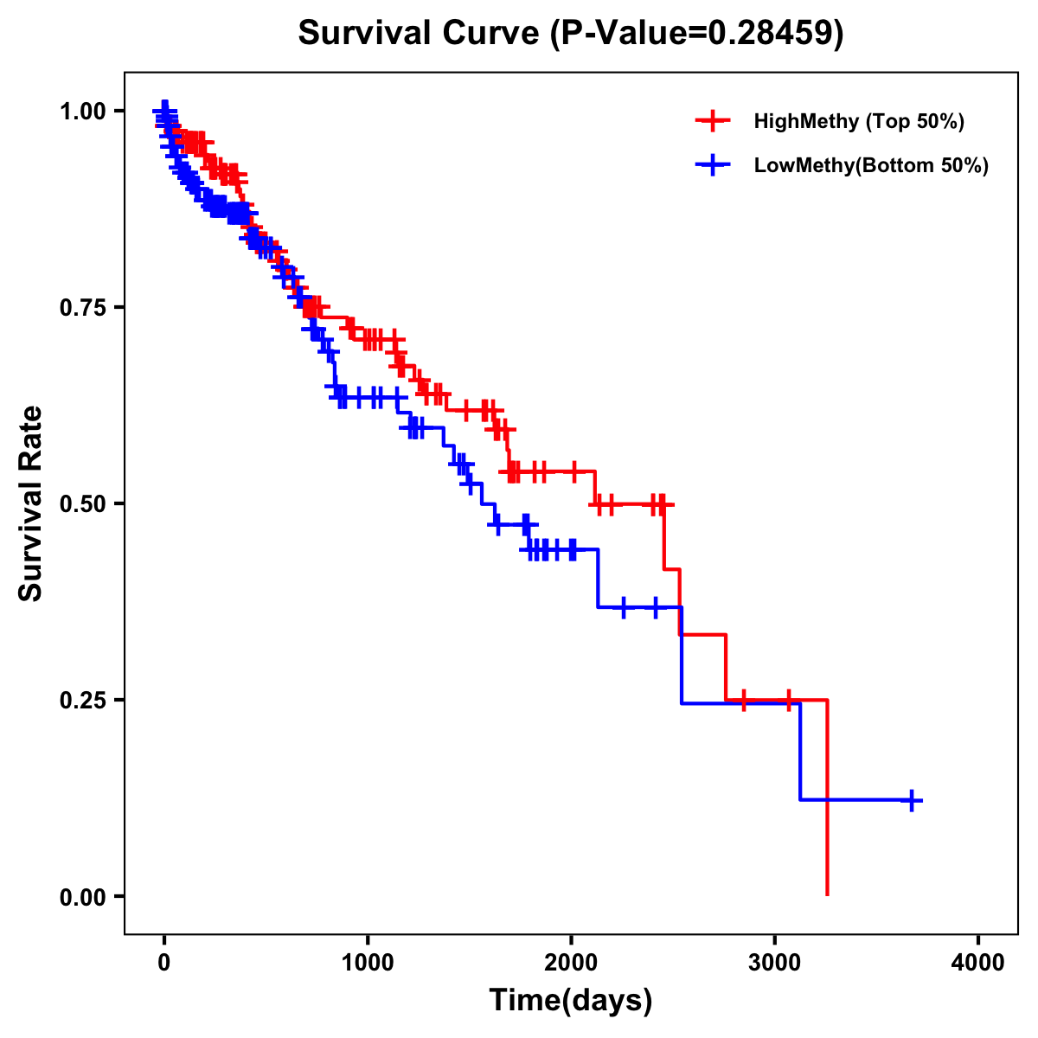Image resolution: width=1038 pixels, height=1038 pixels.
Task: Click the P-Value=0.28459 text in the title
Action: point(697,34)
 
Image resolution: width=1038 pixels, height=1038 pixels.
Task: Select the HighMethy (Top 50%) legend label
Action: point(858,121)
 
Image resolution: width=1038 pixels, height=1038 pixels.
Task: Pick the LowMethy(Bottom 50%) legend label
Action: point(871,165)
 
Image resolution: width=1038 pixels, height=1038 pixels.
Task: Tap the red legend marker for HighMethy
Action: point(713,121)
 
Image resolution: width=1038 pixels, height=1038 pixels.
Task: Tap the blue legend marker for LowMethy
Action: point(713,165)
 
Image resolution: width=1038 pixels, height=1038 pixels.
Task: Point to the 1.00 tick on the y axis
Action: point(82,111)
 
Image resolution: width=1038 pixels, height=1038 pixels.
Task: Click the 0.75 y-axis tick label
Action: point(82,307)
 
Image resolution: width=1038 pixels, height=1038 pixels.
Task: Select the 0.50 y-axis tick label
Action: point(82,503)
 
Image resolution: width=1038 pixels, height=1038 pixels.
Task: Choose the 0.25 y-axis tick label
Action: point(82,700)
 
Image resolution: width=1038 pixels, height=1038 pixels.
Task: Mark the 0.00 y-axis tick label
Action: point(82,896)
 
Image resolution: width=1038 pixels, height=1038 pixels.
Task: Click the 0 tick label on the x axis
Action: point(164,962)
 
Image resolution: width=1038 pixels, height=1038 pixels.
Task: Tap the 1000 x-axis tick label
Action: point(368,962)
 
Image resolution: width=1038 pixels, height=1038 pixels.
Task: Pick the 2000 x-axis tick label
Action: point(571,962)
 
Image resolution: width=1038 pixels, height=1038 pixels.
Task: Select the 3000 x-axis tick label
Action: point(775,962)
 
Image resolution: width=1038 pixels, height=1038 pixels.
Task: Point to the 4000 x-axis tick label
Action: point(978,962)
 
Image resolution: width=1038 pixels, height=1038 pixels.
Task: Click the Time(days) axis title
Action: point(571,1001)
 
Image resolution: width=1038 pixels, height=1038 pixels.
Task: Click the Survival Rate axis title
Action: point(32,503)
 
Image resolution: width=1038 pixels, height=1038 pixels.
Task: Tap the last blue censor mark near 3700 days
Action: point(911,800)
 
